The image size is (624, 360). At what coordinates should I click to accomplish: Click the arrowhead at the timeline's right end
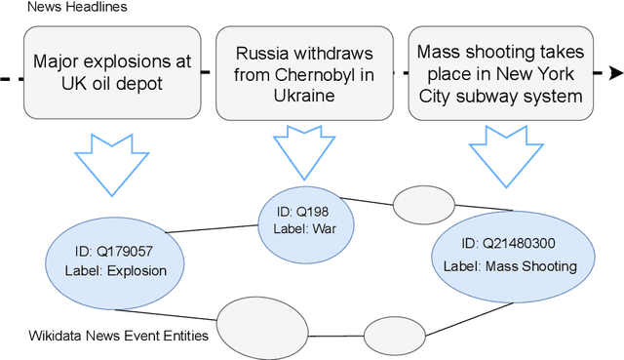(x=615, y=73)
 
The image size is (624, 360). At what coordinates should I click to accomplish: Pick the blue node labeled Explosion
(x=113, y=259)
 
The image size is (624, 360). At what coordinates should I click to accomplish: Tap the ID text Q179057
(x=113, y=249)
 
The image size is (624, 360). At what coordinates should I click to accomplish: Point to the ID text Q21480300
(x=510, y=243)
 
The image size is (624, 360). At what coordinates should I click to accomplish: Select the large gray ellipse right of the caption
(x=246, y=324)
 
